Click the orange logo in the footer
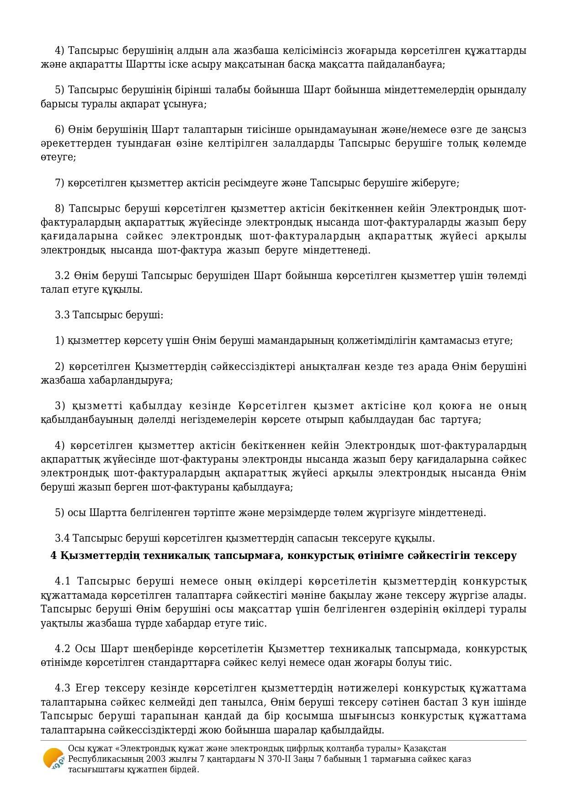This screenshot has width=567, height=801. click(53, 759)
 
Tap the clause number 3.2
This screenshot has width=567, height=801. click(62, 275)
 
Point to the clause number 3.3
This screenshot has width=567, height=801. click(62, 315)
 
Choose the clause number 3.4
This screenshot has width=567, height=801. click(62, 538)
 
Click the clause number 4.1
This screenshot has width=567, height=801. click(63, 581)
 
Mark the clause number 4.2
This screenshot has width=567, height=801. click(63, 648)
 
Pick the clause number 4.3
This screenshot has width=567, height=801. click(63, 688)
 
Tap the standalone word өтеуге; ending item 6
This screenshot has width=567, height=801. click(58, 157)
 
